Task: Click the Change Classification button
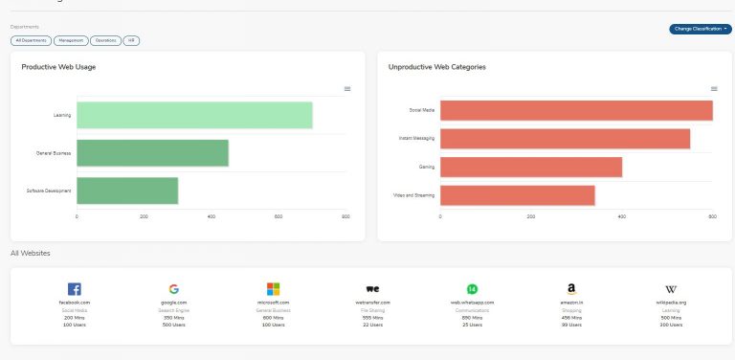(701, 29)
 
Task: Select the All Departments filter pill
(31, 41)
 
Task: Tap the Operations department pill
(105, 41)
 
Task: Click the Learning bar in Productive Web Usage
(194, 115)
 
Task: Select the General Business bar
(152, 153)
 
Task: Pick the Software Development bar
(127, 191)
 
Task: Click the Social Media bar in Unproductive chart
(576, 110)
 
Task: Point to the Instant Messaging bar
(565, 139)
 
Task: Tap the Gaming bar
(531, 167)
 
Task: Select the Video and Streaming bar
(518, 195)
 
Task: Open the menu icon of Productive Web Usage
(347, 89)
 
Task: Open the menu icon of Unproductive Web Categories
(714, 89)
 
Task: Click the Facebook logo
(74, 288)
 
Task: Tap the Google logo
(173, 288)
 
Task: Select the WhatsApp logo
(472, 288)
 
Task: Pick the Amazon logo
(571, 288)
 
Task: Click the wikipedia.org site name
(670, 303)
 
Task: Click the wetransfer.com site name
(372, 303)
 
